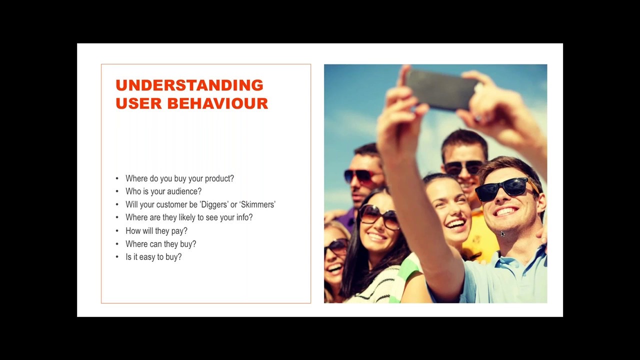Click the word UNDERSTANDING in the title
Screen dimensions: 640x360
tap(189, 85)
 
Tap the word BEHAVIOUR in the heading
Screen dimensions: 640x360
tap(217, 103)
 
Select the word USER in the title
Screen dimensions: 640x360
tap(139, 103)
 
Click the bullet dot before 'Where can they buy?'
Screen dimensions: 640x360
tap(117, 244)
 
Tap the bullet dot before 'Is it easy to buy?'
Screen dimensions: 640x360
tap(117, 257)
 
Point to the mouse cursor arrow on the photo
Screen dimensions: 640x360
tap(503, 234)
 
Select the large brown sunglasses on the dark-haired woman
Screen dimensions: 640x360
tap(378, 217)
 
